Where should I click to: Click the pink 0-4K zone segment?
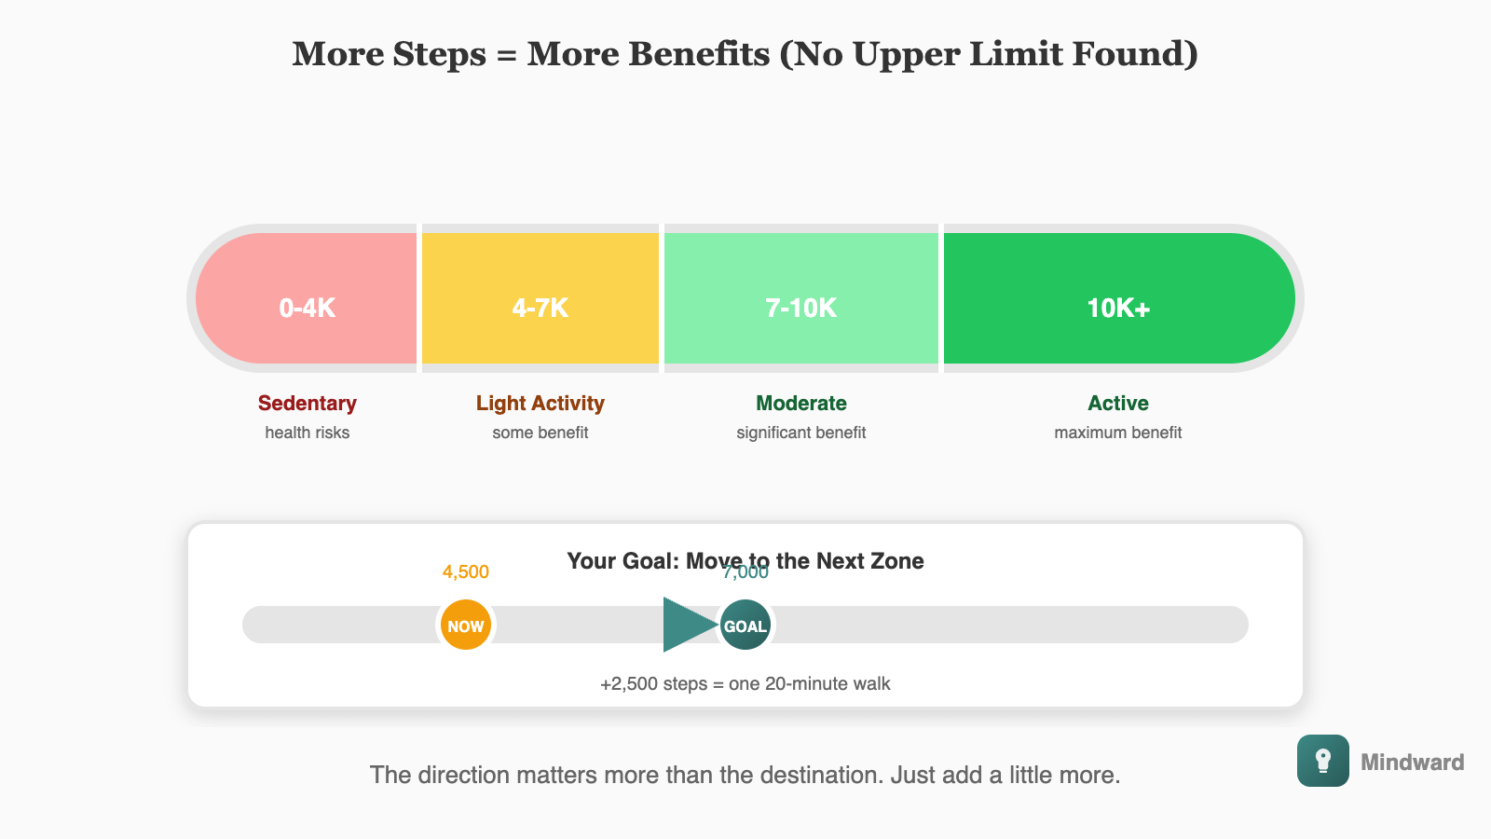pos(308,298)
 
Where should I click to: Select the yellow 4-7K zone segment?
pos(540,298)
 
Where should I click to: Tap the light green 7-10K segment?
pos(801,298)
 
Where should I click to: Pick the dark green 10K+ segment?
pos(1118,298)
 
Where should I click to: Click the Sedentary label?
pos(308,404)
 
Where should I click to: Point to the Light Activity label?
pos(540,404)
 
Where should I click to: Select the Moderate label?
pos(801,404)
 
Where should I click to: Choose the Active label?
pos(1118,404)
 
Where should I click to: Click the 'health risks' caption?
pos(308,433)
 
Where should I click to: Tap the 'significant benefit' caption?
pos(801,433)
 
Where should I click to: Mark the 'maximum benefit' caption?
pos(1118,433)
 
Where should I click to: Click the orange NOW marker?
pos(466,626)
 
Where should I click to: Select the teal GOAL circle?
pos(745,626)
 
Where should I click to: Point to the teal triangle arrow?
pos(685,625)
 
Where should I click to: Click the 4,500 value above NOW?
pos(466,572)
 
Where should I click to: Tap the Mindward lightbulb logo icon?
pos(1323,761)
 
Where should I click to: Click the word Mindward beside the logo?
pos(1412,763)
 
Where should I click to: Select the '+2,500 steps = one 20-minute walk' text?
pos(745,684)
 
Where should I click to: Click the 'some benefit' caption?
pos(540,433)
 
